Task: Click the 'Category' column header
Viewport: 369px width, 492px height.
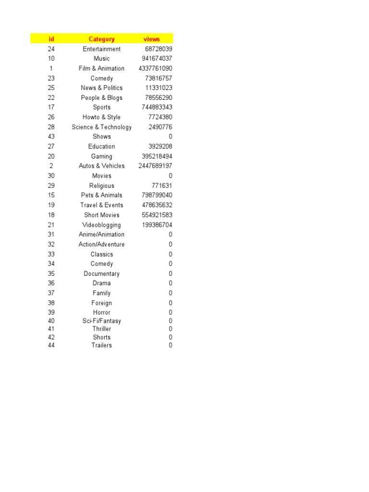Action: tap(101, 39)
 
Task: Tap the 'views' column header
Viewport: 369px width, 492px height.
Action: tap(151, 39)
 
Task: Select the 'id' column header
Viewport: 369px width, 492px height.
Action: tap(51, 39)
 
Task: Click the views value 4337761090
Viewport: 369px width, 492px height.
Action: tap(155, 68)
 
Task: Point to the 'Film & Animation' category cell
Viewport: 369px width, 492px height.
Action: tap(101, 68)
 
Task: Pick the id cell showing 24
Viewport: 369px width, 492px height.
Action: tap(51, 49)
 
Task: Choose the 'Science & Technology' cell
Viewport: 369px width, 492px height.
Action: tap(101, 127)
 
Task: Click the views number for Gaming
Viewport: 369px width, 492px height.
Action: tap(157, 156)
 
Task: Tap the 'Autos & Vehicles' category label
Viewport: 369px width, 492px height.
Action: tap(101, 166)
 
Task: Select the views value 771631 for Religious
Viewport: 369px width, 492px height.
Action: tap(162, 185)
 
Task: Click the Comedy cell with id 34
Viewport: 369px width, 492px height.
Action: tap(101, 264)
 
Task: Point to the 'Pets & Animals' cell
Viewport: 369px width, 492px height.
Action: tap(101, 195)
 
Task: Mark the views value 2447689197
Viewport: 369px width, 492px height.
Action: tap(155, 166)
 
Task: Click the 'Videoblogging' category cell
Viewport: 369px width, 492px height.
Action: tap(101, 225)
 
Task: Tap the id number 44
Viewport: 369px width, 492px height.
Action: tap(51, 345)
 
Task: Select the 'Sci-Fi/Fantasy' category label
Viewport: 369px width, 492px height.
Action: tap(101, 321)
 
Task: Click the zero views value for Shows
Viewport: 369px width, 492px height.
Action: tap(170, 136)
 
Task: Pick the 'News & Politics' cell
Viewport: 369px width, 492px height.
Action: tap(101, 88)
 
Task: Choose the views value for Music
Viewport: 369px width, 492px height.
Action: tap(157, 59)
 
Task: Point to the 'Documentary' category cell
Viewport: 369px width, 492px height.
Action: tap(101, 274)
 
